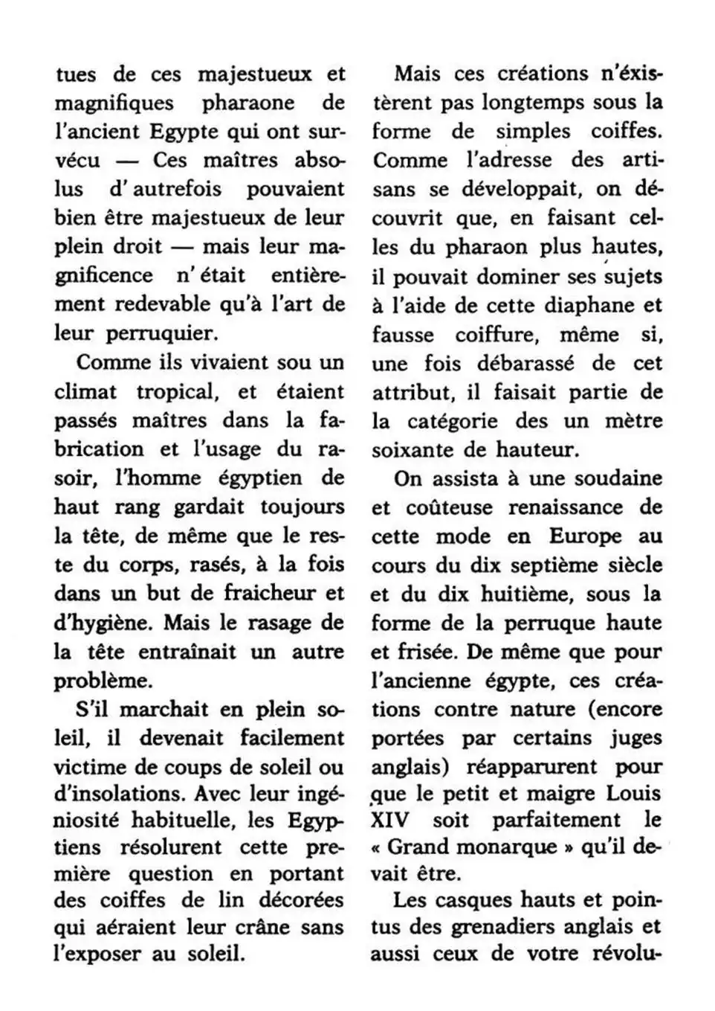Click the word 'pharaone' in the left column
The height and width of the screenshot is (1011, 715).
249,103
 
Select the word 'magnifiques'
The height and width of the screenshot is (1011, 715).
114,103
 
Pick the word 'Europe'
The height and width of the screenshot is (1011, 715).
585,536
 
